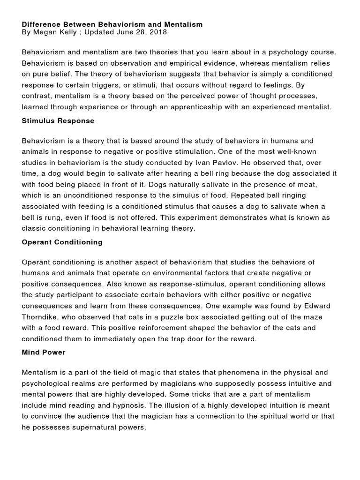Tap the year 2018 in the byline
[157, 32]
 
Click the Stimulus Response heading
[58, 120]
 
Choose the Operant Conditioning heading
[62, 242]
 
